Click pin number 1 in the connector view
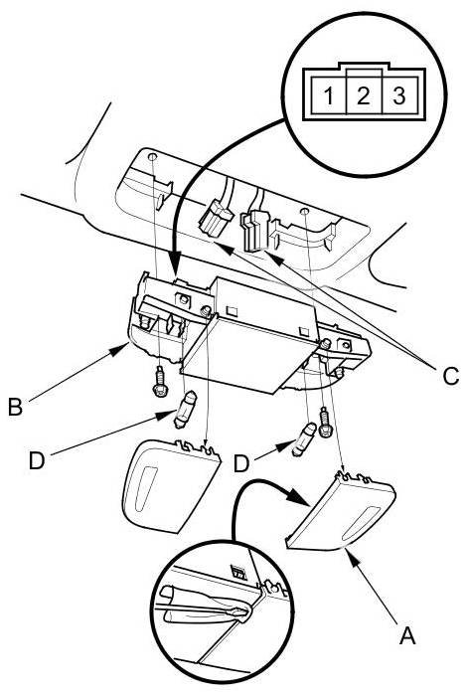pos(328,94)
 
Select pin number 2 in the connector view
pos(364,95)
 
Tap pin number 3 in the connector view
pos(399,95)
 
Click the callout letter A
pos(407,635)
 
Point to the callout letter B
pos(16,407)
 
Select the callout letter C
pos(450,376)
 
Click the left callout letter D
pos(37,460)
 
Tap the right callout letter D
pos(241,463)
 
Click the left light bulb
pos(185,409)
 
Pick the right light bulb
pos(304,439)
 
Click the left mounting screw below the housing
pos(159,382)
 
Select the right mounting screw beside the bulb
pos(325,423)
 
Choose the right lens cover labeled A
pos(340,511)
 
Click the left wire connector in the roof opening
pos(216,219)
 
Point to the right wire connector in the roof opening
pos(254,230)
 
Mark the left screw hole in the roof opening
pos(152,157)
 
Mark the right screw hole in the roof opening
pos(305,211)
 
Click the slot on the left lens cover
pos(144,486)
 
